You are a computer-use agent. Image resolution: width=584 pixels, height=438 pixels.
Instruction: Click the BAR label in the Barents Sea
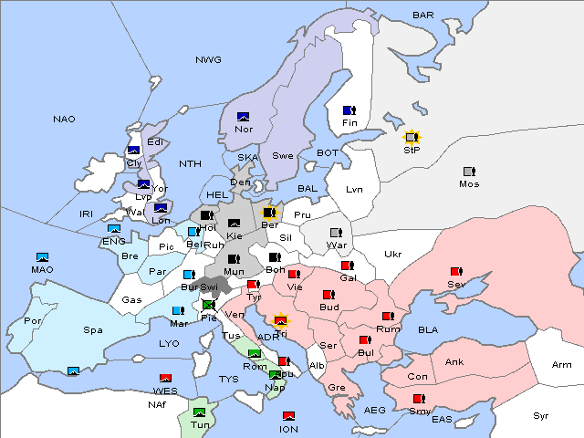[x=422, y=15]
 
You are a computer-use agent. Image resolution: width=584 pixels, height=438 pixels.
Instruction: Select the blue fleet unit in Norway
[x=244, y=117]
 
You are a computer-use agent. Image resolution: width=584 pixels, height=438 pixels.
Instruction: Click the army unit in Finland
[x=349, y=110]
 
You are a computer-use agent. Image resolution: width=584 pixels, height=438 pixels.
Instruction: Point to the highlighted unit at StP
[x=412, y=138]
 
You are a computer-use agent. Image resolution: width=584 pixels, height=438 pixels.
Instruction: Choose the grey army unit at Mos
[x=469, y=172]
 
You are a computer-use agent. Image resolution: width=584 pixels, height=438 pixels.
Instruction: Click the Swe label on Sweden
[x=283, y=155]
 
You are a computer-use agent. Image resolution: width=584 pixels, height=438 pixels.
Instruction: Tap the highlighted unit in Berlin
[x=269, y=214]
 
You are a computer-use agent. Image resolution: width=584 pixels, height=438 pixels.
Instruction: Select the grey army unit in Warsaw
[x=336, y=233]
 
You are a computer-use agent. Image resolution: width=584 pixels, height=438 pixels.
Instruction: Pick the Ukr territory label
[x=393, y=254]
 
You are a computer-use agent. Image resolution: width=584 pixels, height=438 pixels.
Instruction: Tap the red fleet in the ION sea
[x=288, y=417]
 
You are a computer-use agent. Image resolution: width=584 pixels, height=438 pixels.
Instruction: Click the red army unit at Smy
[x=418, y=399]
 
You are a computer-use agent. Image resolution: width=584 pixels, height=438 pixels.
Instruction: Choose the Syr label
[x=542, y=415]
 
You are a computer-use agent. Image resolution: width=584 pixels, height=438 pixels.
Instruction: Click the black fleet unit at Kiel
[x=235, y=224]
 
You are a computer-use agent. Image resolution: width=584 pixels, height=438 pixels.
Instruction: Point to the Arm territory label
[x=562, y=365]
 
